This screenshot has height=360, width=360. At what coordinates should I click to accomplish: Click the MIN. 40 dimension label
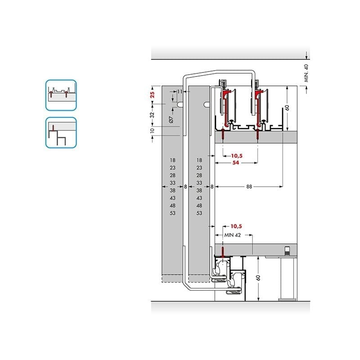[306, 72]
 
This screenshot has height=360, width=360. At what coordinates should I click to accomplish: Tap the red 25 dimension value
[152, 95]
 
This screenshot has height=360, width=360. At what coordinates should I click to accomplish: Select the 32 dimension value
[152, 115]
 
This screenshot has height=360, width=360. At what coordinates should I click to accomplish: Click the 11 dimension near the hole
[180, 92]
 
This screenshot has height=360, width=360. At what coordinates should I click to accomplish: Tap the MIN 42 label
[234, 235]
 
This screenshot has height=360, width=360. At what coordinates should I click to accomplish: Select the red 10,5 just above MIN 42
[236, 226]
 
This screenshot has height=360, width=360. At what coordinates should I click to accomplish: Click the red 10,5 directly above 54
[236, 156]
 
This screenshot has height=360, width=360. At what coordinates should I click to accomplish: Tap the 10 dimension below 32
[152, 130]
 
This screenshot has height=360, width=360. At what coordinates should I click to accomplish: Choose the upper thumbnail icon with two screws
[61, 95]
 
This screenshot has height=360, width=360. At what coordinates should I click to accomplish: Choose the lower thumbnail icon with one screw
[61, 132]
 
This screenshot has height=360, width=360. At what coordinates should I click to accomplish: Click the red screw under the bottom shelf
[222, 251]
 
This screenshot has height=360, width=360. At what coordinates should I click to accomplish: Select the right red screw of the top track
[257, 134]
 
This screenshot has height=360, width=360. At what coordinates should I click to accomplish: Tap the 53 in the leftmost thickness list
[173, 213]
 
